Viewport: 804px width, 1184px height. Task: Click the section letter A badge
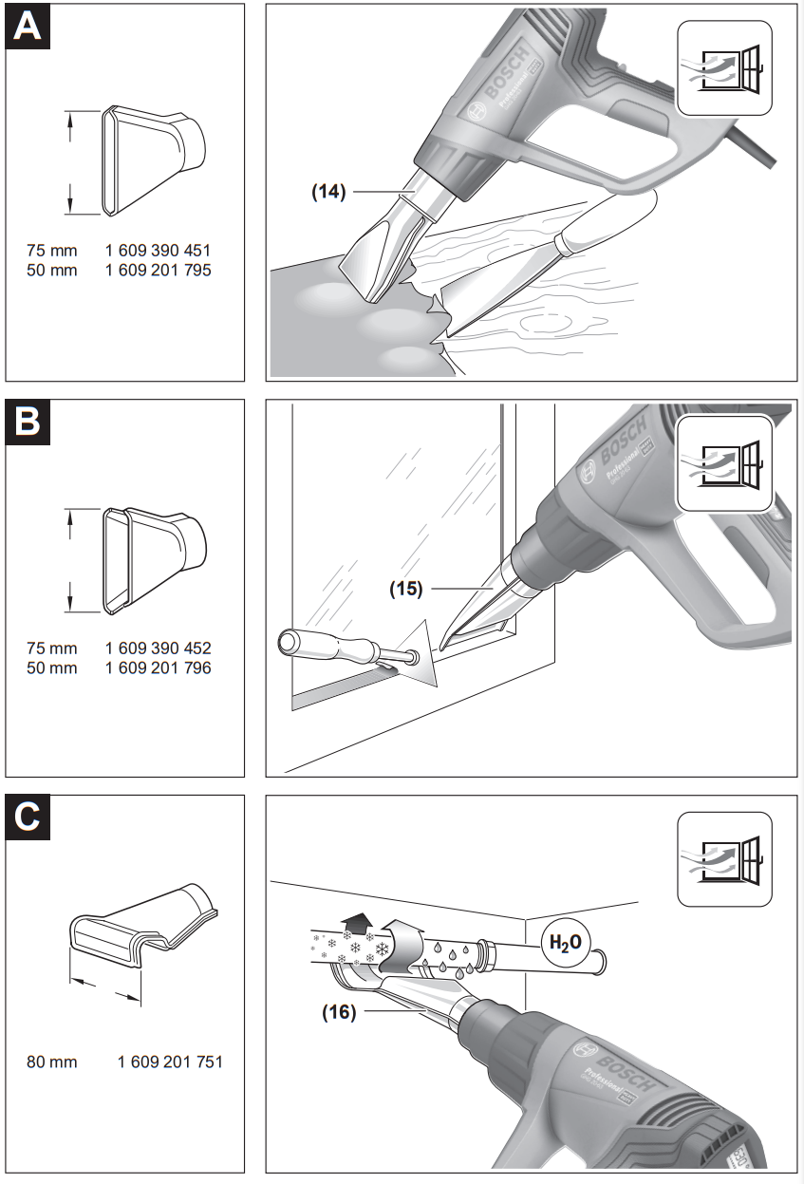(28, 26)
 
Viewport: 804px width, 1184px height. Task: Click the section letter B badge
(28, 422)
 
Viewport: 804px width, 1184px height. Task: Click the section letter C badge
(28, 818)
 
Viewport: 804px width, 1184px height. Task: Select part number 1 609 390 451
(158, 251)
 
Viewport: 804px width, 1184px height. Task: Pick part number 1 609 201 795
(158, 270)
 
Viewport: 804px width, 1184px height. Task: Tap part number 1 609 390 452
(158, 648)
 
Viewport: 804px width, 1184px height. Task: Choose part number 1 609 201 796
(158, 667)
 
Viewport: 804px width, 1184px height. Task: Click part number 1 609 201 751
(170, 1062)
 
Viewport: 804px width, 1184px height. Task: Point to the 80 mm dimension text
(52, 1062)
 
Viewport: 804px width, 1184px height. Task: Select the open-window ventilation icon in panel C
(723, 858)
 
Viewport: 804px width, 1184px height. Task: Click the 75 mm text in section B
(52, 648)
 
